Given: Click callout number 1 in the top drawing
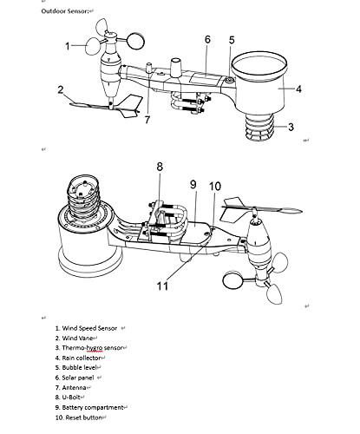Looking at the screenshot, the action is (68, 46).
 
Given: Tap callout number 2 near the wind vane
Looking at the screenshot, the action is (60, 89).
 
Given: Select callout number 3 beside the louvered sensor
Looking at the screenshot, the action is (291, 127).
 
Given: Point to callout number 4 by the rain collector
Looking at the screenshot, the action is (298, 89).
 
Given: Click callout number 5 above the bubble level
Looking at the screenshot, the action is (232, 40).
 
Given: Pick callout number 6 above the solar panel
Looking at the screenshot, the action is (207, 39).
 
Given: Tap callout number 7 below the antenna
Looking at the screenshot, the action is (147, 120).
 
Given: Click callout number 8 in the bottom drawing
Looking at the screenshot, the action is (160, 167).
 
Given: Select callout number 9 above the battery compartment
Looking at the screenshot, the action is (193, 184).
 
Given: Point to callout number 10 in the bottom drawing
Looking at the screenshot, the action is (215, 187).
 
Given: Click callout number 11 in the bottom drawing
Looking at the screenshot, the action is (162, 286).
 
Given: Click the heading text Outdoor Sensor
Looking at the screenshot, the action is (65, 11).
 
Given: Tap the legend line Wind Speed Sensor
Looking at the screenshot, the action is (89, 328).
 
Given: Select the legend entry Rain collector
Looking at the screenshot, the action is (82, 358).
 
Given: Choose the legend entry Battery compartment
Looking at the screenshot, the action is (93, 408).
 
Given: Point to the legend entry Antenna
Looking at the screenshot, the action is (74, 388).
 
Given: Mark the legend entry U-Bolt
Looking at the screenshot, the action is (71, 398).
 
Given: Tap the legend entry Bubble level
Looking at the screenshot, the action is (79, 368).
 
